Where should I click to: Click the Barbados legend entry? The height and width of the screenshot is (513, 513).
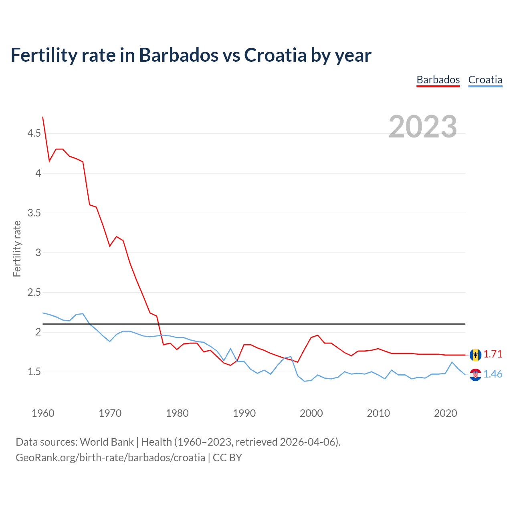438,80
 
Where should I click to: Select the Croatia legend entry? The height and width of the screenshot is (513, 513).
485,80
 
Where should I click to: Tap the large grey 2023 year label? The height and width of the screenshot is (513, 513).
422,127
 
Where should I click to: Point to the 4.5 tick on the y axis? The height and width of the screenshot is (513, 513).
34,133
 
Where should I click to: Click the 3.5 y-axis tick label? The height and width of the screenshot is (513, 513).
34,213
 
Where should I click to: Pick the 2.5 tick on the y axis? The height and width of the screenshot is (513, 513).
34,292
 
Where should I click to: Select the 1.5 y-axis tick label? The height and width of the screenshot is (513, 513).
34,372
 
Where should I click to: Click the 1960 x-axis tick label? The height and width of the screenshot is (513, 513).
43,413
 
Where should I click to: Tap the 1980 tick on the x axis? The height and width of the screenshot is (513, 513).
177,413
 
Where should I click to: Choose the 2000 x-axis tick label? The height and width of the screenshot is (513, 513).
311,413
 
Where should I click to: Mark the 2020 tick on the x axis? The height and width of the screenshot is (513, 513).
445,413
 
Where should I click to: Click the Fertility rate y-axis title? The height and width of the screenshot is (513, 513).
17,248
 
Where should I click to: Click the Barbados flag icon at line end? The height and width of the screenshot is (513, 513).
475,355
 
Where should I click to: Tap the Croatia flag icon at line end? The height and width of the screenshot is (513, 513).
475,375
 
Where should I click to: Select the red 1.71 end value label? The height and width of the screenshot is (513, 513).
493,354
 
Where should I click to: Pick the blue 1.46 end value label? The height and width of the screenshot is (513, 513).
493,374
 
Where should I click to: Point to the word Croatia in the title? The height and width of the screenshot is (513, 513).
275,55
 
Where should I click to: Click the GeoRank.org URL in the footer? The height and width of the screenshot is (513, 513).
110,458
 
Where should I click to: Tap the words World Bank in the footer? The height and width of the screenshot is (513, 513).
107,442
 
